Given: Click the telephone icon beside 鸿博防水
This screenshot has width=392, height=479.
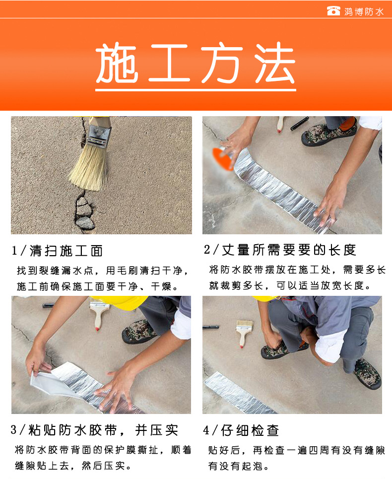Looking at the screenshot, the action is coord(333,11).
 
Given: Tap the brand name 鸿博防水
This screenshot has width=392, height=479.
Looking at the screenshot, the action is coord(364,11).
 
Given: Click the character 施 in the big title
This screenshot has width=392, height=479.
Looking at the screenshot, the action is coord(117,63).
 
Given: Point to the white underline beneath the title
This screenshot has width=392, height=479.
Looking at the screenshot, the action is coord(196,90).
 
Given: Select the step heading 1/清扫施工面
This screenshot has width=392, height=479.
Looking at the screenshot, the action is coord(57,251).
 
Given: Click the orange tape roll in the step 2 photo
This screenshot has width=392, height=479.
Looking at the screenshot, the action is coord(222,158).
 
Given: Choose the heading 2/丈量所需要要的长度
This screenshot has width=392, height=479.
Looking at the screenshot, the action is coord(280,250).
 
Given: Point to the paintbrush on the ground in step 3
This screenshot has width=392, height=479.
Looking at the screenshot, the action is coord(98,316).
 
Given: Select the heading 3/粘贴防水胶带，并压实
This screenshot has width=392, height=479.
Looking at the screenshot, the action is coord(94,430).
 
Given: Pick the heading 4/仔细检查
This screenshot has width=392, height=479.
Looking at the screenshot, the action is coord(241,430).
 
